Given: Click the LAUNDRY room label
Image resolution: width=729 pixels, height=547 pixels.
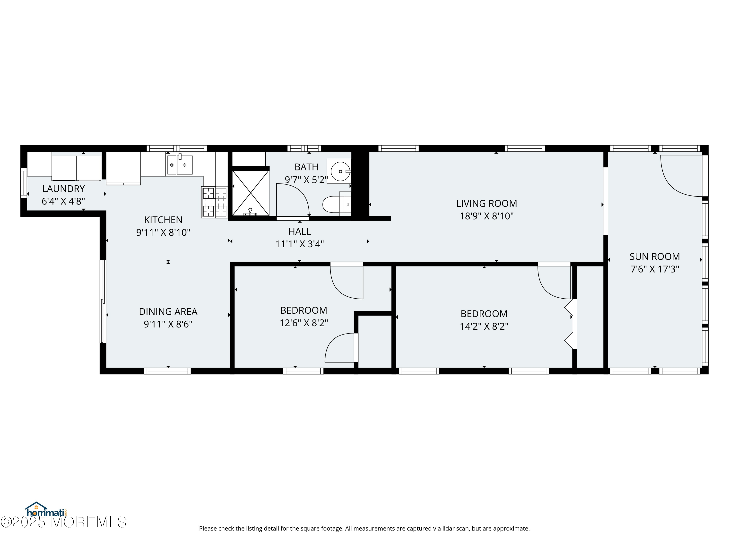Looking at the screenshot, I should click(63, 189).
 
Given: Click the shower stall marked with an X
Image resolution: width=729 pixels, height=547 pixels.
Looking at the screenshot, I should click(251, 193).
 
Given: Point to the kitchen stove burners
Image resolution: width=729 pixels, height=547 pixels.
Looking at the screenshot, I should click(215, 202).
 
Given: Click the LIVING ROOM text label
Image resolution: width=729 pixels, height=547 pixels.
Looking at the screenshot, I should click(486, 203).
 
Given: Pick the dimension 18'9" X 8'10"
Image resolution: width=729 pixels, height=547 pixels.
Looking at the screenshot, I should click(486, 216).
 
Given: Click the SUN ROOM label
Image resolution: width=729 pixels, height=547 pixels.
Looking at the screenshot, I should click(654, 256).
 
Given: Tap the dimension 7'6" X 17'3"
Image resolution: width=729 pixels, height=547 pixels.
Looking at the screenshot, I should click(654, 269).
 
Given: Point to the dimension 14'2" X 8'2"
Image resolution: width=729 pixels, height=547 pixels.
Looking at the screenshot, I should click(484, 326).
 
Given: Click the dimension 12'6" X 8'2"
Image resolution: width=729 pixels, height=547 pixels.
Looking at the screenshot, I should click(304, 323).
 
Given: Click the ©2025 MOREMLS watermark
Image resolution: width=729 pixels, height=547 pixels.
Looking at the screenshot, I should click(63, 522).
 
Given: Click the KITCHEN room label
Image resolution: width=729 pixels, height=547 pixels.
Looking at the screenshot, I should click(163, 220).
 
